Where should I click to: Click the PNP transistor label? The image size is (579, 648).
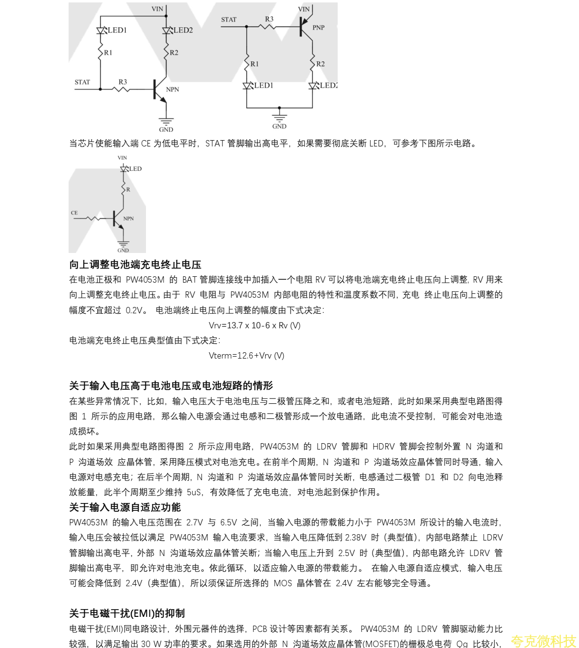318,28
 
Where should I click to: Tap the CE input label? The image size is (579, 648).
74,213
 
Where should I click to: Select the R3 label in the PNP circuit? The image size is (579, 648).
269,19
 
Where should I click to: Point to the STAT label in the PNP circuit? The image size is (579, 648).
229,20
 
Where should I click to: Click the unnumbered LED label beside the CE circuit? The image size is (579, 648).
135,169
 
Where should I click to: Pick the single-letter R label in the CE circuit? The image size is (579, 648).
128,189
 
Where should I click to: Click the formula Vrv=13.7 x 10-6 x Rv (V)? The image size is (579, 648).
254,325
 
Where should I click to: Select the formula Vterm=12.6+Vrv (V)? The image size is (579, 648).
246,356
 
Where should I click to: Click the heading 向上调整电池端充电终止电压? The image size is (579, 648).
135,265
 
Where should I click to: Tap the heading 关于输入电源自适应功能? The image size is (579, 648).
125,507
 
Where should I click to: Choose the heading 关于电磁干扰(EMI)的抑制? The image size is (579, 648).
127,613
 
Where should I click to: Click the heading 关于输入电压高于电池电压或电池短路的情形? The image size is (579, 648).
171,386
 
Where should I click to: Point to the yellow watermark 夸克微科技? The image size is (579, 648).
543,641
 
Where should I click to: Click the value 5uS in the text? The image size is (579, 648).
194,492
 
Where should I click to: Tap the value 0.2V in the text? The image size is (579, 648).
135,310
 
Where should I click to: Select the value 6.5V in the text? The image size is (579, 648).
229,522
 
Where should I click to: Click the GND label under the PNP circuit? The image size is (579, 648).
279,126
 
